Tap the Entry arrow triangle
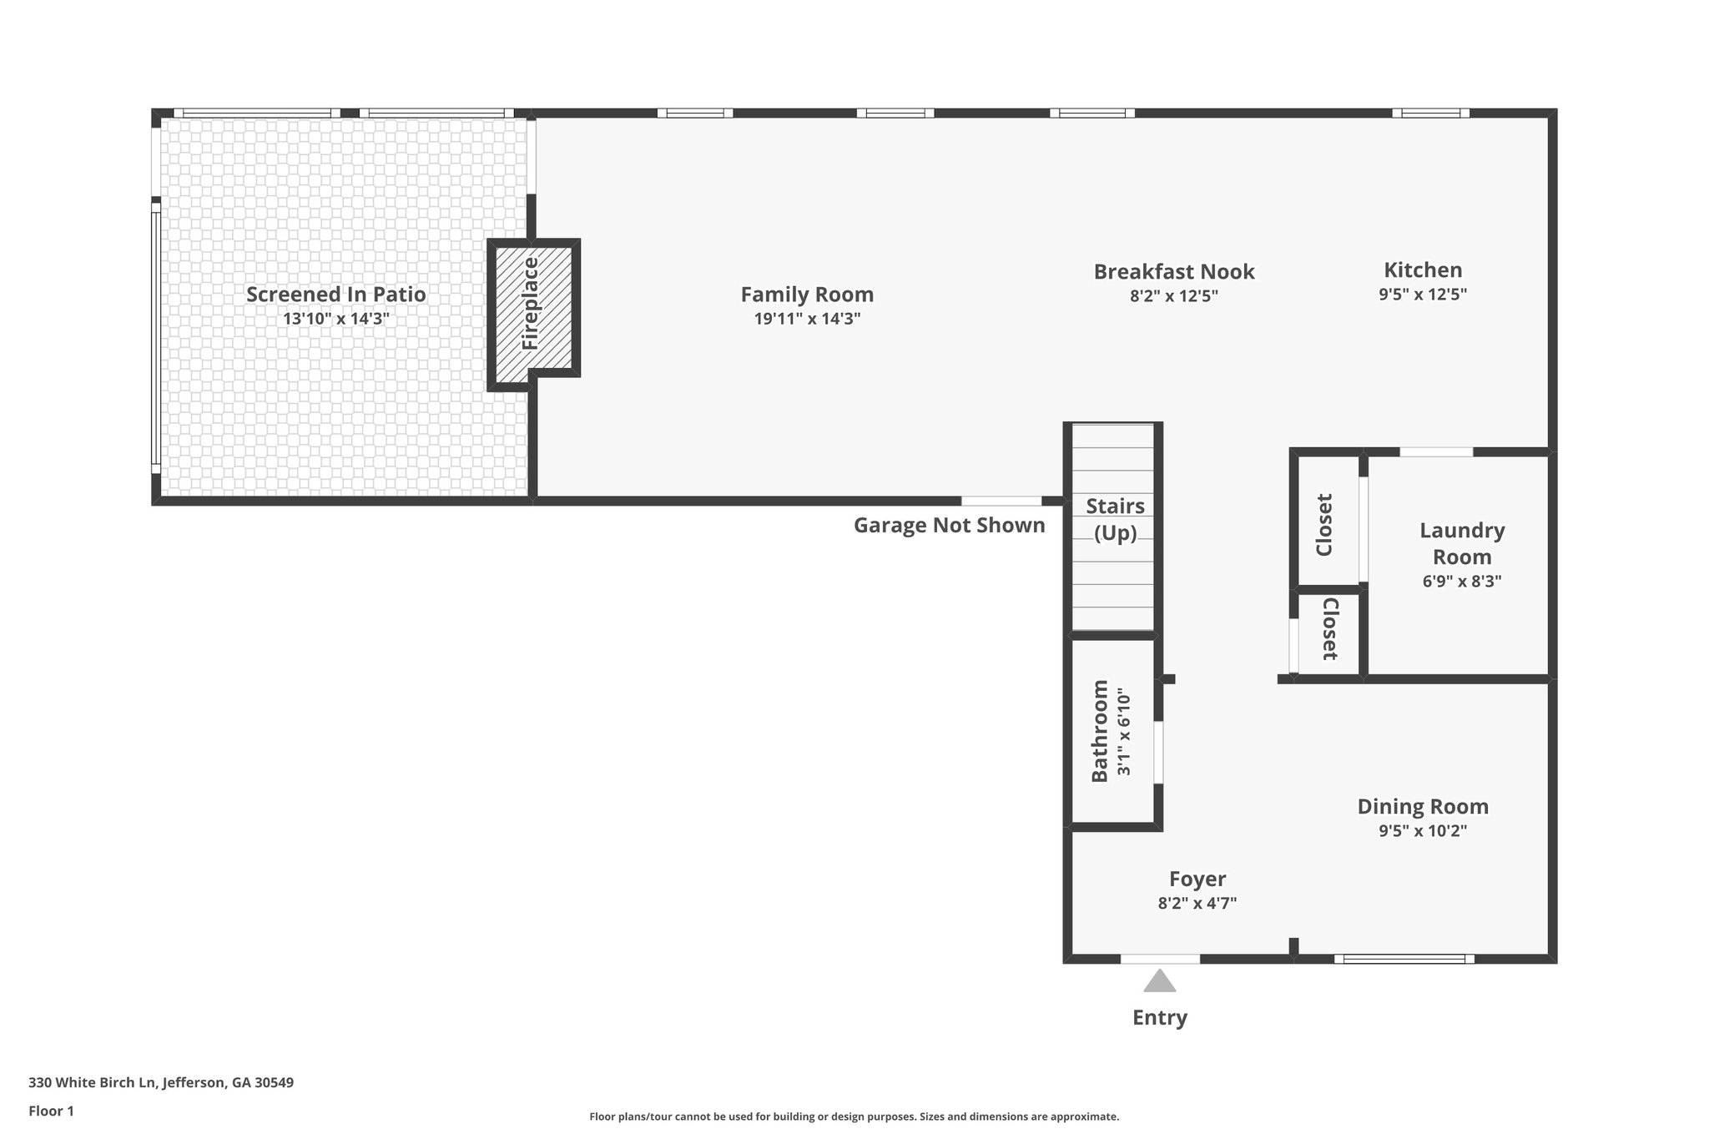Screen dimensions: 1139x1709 click(1159, 981)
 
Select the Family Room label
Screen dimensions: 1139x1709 click(807, 295)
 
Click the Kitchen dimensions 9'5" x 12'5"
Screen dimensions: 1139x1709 click(1422, 294)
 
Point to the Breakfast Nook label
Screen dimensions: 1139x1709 click(1173, 272)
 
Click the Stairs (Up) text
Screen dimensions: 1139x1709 click(1115, 519)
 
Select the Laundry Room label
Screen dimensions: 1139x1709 click(1462, 543)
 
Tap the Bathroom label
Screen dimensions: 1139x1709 click(1100, 731)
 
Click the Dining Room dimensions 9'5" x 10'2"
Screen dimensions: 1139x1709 click(1422, 830)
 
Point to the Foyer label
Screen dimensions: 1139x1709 click(1197, 879)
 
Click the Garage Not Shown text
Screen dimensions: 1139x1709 click(949, 525)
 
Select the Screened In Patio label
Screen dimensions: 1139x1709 click(335, 295)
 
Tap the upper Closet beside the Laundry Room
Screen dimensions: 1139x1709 click(1324, 525)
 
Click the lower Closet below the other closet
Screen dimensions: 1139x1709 click(1330, 629)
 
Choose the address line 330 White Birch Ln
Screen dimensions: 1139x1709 click(161, 1083)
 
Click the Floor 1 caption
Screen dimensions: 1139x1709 click(52, 1111)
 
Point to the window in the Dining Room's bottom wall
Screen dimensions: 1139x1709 click(1404, 959)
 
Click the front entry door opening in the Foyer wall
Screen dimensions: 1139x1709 click(1160, 959)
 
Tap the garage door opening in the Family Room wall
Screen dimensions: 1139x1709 click(1001, 501)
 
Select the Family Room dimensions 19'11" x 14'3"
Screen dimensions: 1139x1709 click(807, 319)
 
